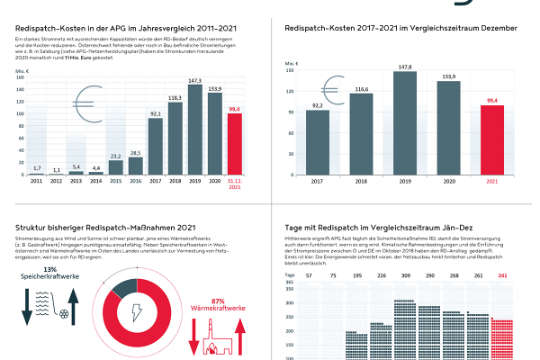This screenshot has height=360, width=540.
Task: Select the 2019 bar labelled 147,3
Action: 194,125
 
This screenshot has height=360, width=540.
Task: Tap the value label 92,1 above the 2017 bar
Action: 155,115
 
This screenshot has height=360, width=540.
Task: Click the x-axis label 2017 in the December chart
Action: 318,180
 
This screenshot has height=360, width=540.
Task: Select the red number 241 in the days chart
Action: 503,274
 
